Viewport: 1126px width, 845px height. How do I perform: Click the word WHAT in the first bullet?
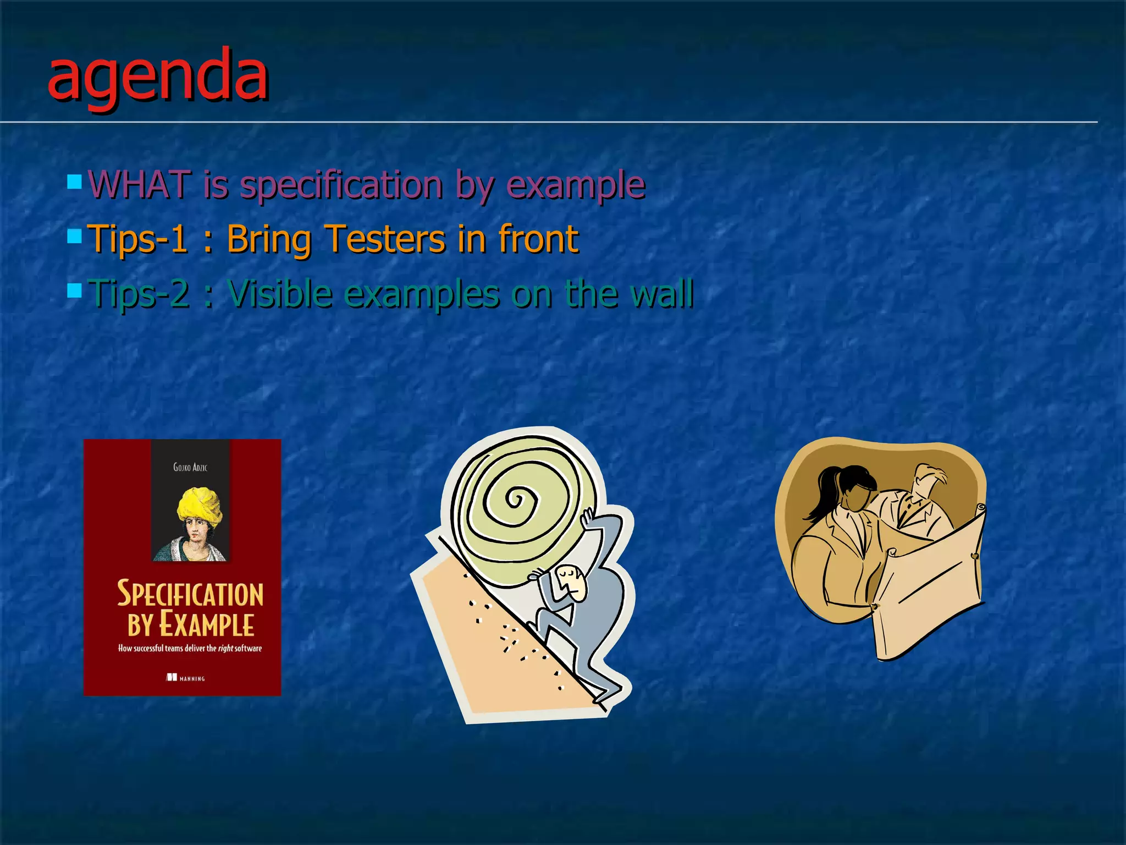(139, 184)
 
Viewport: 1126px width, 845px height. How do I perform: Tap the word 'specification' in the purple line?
(341, 185)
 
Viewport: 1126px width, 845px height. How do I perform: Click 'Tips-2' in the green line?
(139, 294)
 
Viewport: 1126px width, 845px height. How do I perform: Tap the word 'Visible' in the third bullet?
(280, 293)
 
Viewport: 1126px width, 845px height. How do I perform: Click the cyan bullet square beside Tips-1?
(74, 237)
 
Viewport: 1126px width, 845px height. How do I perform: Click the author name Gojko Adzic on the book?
(190, 467)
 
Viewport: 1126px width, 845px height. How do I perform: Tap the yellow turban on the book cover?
(199, 503)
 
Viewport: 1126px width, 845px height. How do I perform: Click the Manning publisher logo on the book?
(185, 678)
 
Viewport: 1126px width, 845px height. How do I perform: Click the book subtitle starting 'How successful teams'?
(190, 649)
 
